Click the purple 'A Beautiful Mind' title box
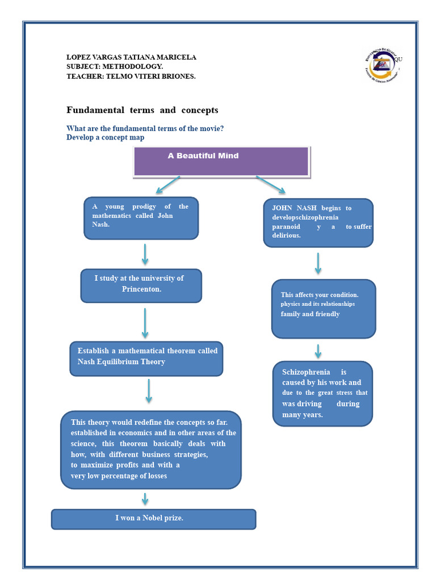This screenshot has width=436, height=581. [221, 161]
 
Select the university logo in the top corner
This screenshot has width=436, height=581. [382, 65]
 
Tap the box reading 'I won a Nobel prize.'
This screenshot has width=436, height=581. [153, 519]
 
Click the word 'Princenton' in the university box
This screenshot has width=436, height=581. [141, 289]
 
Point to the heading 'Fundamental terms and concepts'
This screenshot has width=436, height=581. [142, 110]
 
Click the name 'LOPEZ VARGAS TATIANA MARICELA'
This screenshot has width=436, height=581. [131, 57]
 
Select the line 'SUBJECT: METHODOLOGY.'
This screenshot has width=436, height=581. [115, 67]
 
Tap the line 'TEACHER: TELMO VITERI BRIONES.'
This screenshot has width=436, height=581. [131, 77]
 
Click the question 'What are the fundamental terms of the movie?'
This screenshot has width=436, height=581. [145, 129]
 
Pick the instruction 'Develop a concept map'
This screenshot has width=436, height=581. [105, 138]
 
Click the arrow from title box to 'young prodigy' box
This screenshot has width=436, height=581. [167, 185]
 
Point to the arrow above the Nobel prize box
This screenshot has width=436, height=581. [145, 499]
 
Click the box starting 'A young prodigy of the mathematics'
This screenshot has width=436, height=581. [141, 218]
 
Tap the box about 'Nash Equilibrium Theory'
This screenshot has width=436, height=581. [146, 359]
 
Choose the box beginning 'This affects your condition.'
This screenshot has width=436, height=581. [323, 308]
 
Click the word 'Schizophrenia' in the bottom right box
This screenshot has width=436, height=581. [306, 372]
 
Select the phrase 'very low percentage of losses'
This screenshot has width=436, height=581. [119, 476]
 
